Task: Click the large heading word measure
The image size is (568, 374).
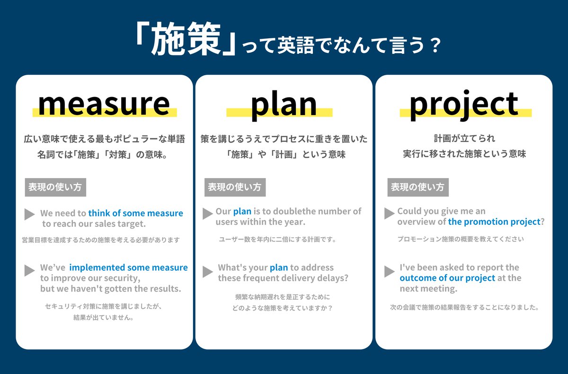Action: (x=104, y=104)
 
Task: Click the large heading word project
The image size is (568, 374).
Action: (x=464, y=104)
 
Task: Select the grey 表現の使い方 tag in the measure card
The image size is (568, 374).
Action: (x=55, y=187)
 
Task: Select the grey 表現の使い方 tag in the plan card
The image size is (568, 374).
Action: (x=234, y=187)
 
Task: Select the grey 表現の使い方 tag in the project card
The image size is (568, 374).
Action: (x=417, y=187)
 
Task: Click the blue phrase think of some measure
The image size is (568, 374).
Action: (x=135, y=214)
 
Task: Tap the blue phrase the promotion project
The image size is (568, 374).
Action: (x=494, y=222)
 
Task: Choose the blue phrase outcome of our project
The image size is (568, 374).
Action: (x=447, y=278)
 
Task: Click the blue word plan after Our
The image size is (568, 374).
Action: (x=242, y=211)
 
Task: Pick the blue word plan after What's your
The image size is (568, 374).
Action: (x=279, y=267)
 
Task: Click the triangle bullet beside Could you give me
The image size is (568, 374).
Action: (x=389, y=213)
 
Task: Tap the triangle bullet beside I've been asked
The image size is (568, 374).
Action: (x=389, y=271)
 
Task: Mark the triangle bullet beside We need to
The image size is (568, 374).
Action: (x=29, y=214)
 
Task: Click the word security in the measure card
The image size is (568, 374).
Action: (x=121, y=278)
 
